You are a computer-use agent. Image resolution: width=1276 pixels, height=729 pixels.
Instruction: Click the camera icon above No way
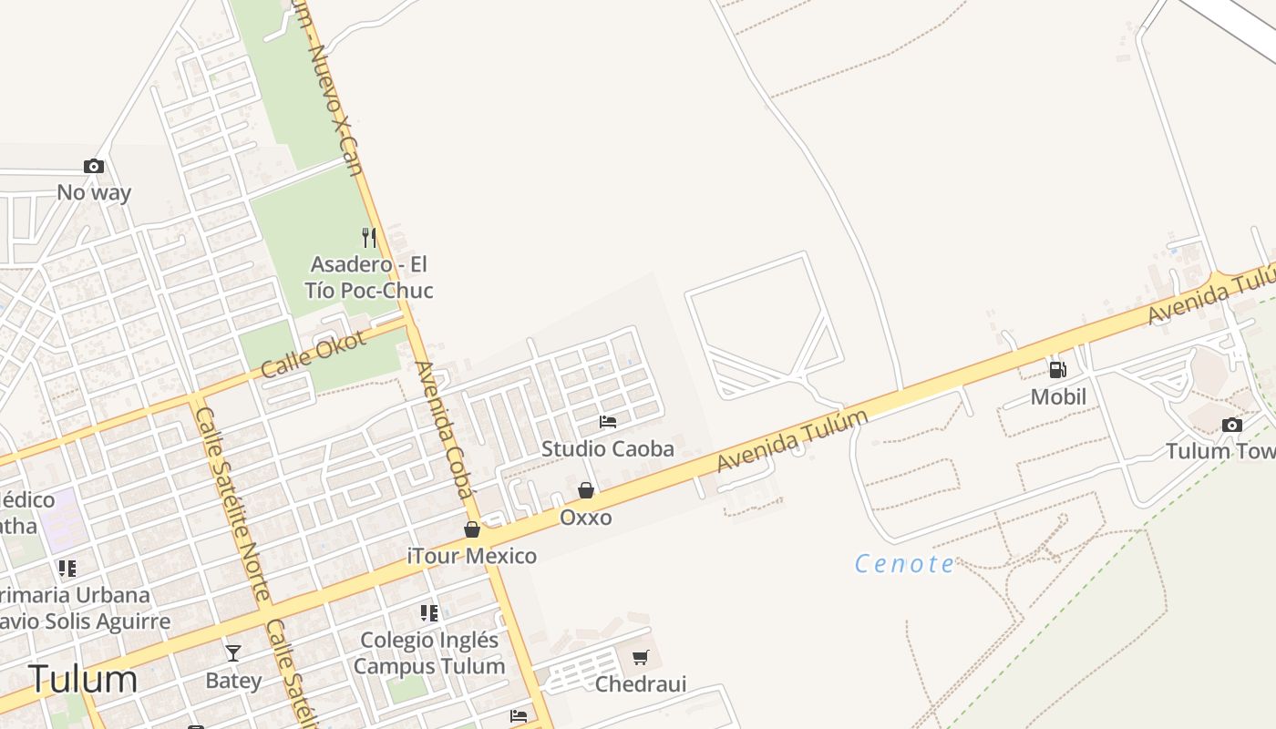pyautogui.click(x=93, y=166)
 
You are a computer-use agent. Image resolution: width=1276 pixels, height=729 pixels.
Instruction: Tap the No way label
pyautogui.click(x=94, y=192)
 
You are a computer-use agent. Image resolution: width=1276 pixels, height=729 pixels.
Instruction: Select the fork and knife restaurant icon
pyautogui.click(x=369, y=237)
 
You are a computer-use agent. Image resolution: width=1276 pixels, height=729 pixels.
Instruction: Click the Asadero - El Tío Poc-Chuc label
pyautogui.click(x=369, y=277)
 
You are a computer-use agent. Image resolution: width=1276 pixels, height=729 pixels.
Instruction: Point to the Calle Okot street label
pyautogui.click(x=313, y=354)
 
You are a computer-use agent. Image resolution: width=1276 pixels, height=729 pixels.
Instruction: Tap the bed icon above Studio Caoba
pyautogui.click(x=608, y=422)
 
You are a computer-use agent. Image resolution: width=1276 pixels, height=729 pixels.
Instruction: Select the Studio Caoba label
pyautogui.click(x=608, y=448)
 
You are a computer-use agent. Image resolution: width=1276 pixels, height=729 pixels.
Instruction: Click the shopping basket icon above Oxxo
pyautogui.click(x=586, y=491)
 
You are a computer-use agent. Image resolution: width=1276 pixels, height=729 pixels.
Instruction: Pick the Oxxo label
pyautogui.click(x=586, y=518)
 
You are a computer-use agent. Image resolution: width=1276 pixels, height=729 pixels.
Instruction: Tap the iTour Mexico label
pyautogui.click(x=472, y=556)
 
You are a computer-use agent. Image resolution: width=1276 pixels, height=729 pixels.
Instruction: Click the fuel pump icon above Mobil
pyautogui.click(x=1058, y=370)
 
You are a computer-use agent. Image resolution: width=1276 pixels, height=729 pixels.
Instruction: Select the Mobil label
pyautogui.click(x=1058, y=397)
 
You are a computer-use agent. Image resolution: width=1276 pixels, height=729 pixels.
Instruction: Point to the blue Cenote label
pyautogui.click(x=904, y=564)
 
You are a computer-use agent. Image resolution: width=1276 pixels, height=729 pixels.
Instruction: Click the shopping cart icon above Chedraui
pyautogui.click(x=641, y=657)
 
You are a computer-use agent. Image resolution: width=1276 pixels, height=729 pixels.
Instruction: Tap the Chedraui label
pyautogui.click(x=641, y=683)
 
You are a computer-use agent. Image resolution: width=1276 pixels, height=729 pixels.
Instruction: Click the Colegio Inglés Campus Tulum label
pyautogui.click(x=429, y=652)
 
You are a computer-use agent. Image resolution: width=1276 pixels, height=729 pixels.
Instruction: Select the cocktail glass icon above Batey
pyautogui.click(x=233, y=652)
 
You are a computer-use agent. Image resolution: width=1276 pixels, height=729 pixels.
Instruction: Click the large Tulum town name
pyautogui.click(x=83, y=680)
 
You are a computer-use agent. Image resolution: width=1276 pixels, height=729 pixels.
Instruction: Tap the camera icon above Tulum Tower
pyautogui.click(x=1231, y=425)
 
